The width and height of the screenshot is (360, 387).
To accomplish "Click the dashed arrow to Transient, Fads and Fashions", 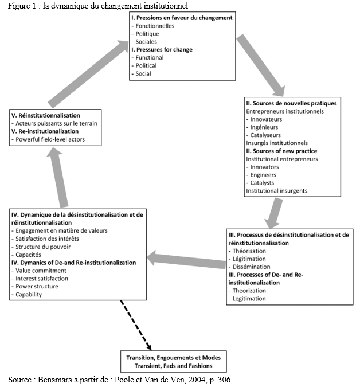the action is click(136, 325).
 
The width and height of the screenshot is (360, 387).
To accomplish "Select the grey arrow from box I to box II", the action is click(261, 65).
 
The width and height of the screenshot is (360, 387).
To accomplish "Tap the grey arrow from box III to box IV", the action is click(186, 260).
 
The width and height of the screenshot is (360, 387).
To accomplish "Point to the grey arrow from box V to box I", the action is click(88, 73).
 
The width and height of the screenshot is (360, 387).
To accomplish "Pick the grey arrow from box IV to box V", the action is click(58, 178).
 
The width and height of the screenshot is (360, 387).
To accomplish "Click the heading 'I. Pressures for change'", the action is click(162, 50).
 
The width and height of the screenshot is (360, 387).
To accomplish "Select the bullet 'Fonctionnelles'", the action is click(155, 26).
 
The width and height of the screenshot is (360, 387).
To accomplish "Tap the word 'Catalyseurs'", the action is click(265, 135).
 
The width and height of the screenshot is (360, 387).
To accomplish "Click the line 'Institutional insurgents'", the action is click(277, 191).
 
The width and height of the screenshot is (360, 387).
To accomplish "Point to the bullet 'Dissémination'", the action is click(252, 267).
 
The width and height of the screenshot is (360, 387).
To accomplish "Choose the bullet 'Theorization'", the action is click(249, 291).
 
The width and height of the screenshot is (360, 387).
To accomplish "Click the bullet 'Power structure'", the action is click(37, 287).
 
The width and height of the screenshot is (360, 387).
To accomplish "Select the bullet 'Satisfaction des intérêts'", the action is click(47, 239).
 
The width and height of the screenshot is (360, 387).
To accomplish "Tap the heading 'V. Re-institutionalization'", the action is click(45, 131).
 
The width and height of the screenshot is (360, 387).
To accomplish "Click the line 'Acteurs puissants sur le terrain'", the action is click(56, 123).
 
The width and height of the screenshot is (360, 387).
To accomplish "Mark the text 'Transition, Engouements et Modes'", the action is click(174, 358).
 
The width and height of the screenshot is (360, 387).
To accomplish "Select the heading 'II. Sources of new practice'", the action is click(281, 151).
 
